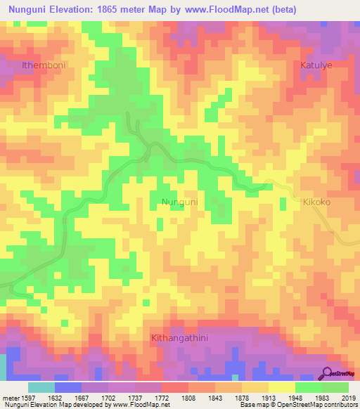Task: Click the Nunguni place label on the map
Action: (x=180, y=202)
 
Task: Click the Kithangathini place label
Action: (x=181, y=339)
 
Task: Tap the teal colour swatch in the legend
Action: (x=41, y=387)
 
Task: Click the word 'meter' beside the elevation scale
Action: (x=11, y=397)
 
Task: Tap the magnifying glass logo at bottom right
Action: (x=328, y=372)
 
